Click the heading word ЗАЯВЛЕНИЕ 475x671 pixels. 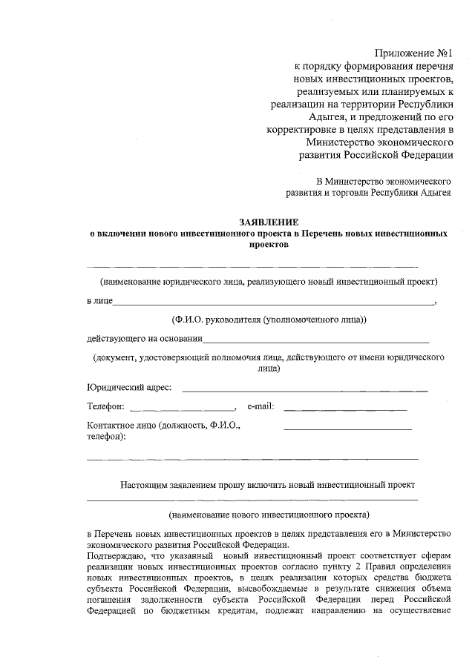tap(268, 222)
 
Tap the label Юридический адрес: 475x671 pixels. tap(129, 387)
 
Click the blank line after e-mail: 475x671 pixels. tap(345, 409)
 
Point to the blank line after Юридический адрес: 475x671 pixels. tap(304, 390)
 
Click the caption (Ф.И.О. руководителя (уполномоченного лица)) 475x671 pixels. tap(268, 320)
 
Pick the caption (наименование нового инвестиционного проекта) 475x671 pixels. tap(268, 513)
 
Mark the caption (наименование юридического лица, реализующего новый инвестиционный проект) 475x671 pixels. tap(269, 282)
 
